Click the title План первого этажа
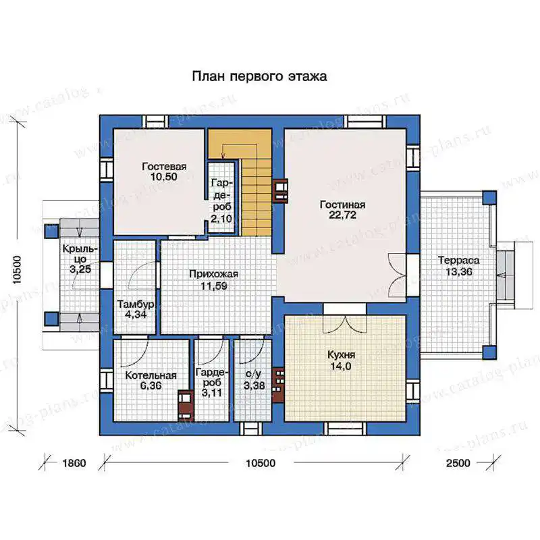[259, 76]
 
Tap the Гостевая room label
[164, 167]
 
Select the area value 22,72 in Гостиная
[342, 215]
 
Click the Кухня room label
[341, 355]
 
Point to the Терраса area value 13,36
[459, 272]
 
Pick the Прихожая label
[213, 274]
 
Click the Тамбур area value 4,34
[136, 315]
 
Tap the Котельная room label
[151, 375]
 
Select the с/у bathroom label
[253, 374]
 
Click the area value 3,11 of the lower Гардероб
[212, 393]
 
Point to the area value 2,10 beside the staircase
[221, 219]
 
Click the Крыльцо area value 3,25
[80, 269]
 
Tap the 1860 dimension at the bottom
[74, 463]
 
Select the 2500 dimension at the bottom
[458, 463]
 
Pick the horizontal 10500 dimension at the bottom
[261, 463]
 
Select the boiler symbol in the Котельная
[185, 406]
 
